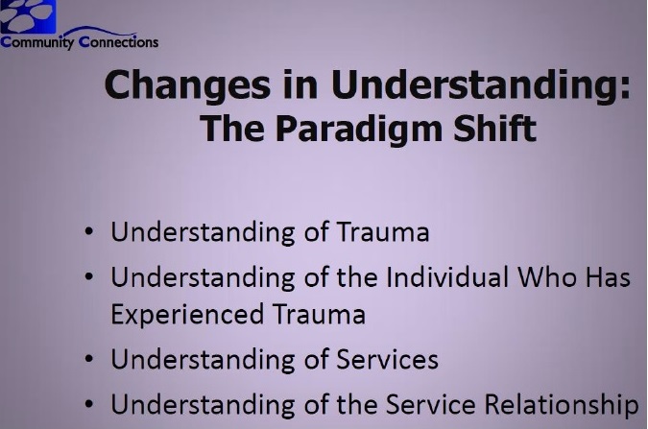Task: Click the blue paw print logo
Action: tap(28, 16)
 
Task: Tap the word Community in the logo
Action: tap(37, 42)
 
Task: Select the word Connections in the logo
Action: tap(118, 41)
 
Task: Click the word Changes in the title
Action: tap(187, 85)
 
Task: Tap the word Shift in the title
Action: tap(494, 128)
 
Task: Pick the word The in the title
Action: tap(232, 128)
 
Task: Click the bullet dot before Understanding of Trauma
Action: tap(89, 231)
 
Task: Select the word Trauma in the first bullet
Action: tap(383, 232)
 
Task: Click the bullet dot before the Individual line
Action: tap(89, 276)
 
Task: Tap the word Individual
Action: tap(447, 276)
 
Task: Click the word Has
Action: tap(608, 277)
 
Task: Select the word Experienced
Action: tap(187, 315)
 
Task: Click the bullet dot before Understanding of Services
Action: tap(89, 359)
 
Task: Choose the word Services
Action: tap(387, 359)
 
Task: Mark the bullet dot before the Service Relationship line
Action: tap(89, 404)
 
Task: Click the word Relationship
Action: tap(562, 405)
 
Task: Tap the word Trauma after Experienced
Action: tap(319, 315)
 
